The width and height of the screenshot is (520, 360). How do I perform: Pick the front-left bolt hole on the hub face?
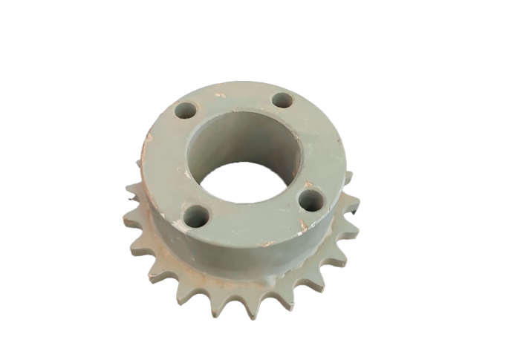point(197,217)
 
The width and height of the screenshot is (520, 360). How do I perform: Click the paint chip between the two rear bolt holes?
point(220,95)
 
